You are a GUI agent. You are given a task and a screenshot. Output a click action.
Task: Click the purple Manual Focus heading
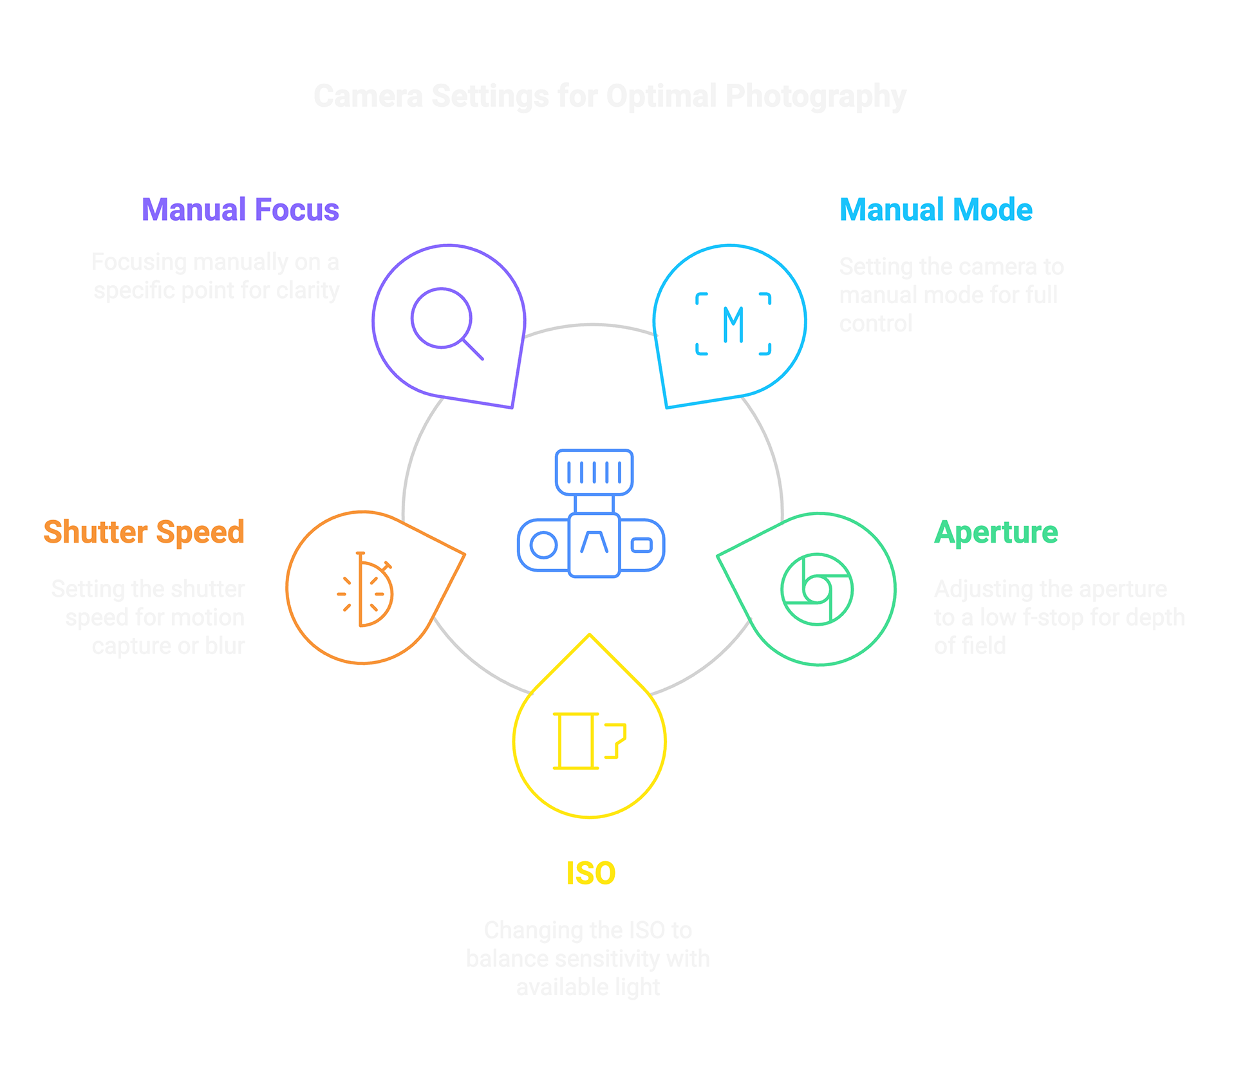click(x=240, y=210)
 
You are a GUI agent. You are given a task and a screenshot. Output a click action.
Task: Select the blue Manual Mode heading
click(x=935, y=210)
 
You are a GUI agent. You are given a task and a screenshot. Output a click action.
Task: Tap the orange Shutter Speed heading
click(x=144, y=532)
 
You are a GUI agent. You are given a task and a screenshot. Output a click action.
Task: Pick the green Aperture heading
click(x=996, y=532)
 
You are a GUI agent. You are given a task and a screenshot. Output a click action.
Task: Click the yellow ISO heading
click(x=591, y=874)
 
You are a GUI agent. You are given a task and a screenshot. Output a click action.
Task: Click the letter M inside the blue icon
click(x=733, y=324)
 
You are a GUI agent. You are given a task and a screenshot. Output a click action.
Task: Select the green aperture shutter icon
click(x=817, y=589)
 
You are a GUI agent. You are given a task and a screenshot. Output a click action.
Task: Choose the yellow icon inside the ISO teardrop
click(x=589, y=741)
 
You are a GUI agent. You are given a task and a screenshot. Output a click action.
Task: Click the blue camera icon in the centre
click(x=591, y=514)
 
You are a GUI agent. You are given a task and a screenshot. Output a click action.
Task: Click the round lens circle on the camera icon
click(x=543, y=545)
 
